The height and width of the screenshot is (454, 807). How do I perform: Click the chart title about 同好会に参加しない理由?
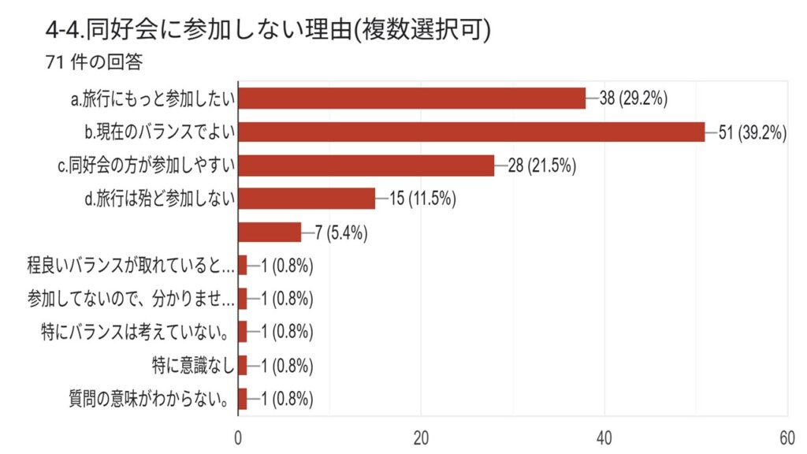click(268, 30)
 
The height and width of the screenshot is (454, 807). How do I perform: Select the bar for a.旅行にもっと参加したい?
click(412, 99)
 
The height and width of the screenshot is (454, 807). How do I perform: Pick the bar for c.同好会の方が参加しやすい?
click(366, 166)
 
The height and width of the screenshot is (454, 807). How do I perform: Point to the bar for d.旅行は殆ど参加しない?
click(307, 199)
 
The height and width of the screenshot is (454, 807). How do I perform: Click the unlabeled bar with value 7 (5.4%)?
click(270, 233)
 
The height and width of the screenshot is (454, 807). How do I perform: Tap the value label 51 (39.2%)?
click(753, 132)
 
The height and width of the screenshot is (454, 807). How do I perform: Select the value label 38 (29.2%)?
click(634, 99)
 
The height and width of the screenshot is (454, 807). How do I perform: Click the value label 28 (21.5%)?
click(542, 166)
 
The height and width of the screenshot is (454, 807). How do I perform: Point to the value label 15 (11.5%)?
click(423, 199)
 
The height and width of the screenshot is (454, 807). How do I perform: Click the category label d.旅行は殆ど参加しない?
click(160, 199)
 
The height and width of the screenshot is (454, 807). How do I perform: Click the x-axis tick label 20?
click(421, 438)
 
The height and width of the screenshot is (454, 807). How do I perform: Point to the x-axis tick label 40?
click(604, 438)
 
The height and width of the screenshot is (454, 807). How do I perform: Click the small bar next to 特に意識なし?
click(243, 366)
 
